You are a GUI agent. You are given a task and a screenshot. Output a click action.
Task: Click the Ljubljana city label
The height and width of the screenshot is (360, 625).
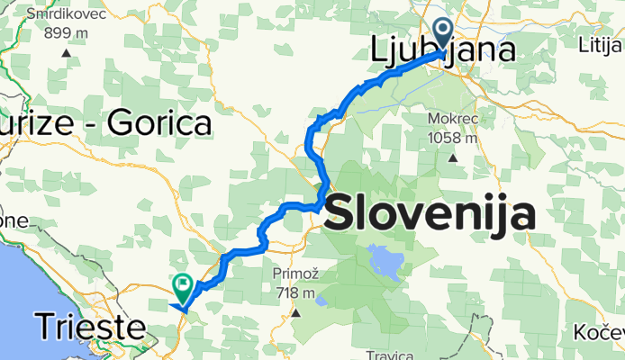(x=444, y=49)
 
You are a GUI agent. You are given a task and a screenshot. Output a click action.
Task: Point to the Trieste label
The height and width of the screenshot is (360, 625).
(x=90, y=327)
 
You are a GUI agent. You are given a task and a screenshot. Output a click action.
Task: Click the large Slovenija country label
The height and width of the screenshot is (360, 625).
(x=429, y=213)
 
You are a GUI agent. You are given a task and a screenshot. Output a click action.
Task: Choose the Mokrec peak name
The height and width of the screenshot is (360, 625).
(x=453, y=119)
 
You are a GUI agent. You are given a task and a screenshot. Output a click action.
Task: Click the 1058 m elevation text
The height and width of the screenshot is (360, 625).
(x=453, y=138)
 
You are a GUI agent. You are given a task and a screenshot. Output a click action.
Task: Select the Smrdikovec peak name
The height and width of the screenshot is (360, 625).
(x=68, y=14)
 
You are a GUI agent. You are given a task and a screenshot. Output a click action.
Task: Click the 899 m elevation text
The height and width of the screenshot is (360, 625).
(x=68, y=32)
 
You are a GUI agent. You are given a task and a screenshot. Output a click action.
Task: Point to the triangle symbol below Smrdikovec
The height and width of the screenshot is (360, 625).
(x=68, y=53)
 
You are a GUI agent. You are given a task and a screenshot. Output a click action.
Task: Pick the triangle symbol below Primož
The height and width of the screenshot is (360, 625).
(x=296, y=313)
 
